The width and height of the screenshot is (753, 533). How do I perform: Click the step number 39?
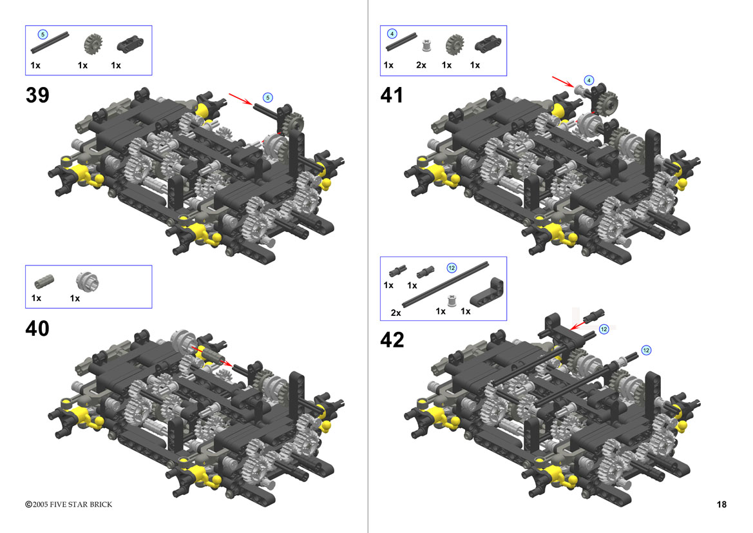[x=37, y=95]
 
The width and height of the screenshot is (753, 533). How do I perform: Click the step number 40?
[x=37, y=329]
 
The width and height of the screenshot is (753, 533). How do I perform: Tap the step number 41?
[x=392, y=95]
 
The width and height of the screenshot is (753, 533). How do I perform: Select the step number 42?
[x=392, y=340]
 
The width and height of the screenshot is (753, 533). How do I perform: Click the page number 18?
[x=721, y=504]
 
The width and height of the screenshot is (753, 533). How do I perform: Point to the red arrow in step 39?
[x=241, y=99]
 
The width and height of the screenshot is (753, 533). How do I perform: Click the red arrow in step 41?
[x=563, y=81]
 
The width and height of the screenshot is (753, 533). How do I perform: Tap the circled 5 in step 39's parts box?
[x=43, y=35]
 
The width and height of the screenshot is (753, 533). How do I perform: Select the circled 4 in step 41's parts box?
[x=392, y=34]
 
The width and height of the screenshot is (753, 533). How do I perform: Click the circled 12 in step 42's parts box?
[x=452, y=267]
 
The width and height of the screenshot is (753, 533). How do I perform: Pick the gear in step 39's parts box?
[x=93, y=44]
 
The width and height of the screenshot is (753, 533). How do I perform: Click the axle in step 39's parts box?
[x=50, y=43]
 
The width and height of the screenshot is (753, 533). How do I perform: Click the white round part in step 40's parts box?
[x=87, y=282]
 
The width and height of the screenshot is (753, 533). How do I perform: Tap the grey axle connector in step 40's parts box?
[x=44, y=282]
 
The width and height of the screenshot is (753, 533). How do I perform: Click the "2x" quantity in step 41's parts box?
[x=421, y=65]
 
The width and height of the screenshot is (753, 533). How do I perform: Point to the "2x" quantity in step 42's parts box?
[x=396, y=313]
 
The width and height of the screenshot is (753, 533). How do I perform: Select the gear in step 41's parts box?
[x=454, y=44]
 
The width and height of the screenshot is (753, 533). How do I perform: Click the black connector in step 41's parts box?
[x=488, y=44]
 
